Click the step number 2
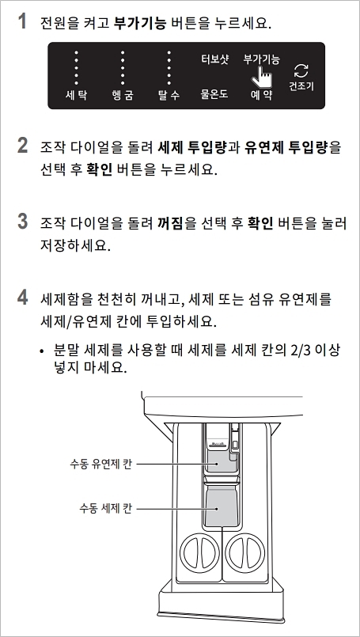click(x=23, y=146)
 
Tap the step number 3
click(x=23, y=222)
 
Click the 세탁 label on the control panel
click(x=76, y=95)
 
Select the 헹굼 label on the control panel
click(x=123, y=95)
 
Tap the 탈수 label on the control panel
click(x=169, y=95)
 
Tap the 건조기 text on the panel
click(x=301, y=84)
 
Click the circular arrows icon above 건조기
click(x=301, y=70)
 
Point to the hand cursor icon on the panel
click(x=262, y=76)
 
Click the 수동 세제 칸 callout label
click(x=105, y=506)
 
